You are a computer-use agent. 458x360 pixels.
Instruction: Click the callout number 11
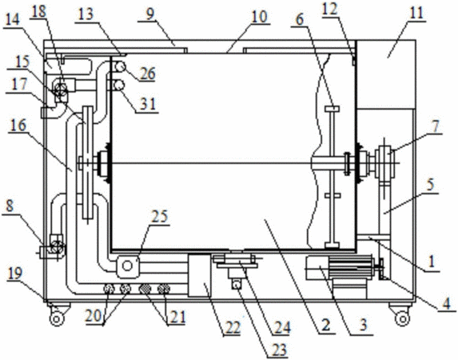(x=416, y=13)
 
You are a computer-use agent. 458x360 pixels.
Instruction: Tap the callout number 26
(x=147, y=74)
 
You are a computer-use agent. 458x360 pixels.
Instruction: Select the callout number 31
(x=148, y=103)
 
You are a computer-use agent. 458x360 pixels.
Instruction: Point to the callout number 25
(x=159, y=217)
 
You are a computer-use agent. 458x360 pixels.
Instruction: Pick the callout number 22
(x=232, y=327)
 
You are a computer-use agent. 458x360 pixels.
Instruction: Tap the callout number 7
(x=436, y=126)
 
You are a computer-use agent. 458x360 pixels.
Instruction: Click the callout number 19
(x=14, y=274)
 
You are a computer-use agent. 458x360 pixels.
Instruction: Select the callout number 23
(x=279, y=350)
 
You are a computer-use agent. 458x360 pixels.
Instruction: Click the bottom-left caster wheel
(x=57, y=318)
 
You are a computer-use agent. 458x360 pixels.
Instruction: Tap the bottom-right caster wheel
(x=402, y=318)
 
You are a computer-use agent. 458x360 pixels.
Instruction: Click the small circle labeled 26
(x=120, y=67)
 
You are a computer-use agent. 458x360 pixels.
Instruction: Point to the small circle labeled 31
(x=119, y=86)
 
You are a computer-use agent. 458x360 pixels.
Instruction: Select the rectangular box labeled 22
(x=200, y=275)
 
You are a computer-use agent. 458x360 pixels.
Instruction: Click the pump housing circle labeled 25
(x=127, y=266)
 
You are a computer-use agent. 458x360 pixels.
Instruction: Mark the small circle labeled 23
(x=237, y=284)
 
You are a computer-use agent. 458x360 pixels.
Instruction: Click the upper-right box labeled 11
(x=386, y=74)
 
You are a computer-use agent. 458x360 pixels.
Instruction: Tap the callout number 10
(x=259, y=17)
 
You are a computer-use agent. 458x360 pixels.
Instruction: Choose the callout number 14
(x=12, y=19)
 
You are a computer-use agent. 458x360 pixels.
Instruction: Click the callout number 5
(x=431, y=185)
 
